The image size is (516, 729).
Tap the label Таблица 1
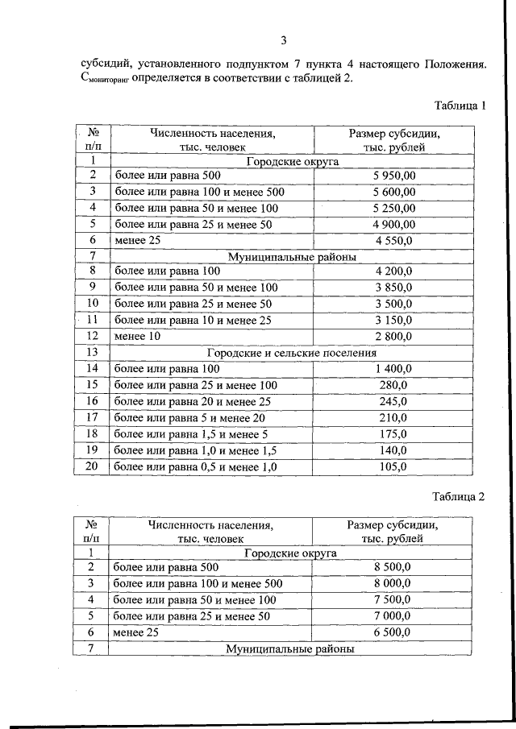pyautogui.click(x=460, y=106)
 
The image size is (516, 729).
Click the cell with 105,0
pyautogui.click(x=394, y=466)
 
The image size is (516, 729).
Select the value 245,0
pyautogui.click(x=394, y=401)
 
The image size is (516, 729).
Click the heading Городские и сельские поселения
pyautogui.click(x=291, y=352)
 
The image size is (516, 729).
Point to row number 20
pyautogui.click(x=93, y=466)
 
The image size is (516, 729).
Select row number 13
pyautogui.click(x=93, y=352)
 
